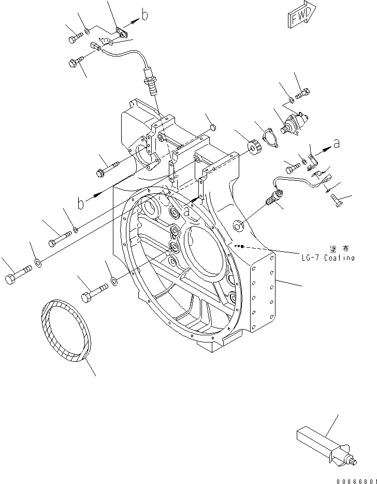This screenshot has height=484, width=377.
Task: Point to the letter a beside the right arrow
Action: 337,145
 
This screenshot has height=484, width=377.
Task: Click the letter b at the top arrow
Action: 144,16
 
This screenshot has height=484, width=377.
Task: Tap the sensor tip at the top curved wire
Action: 151,83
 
